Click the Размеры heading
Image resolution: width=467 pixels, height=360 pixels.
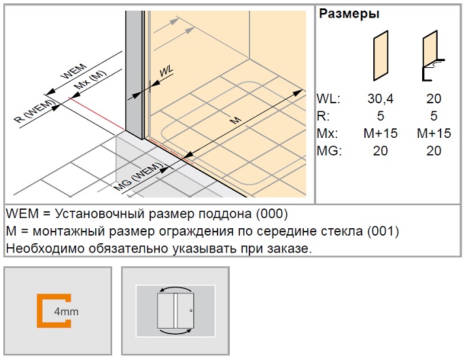coord(349,14)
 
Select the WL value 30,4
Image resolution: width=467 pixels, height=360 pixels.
coord(381,98)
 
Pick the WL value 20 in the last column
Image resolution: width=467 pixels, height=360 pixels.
coord(434,98)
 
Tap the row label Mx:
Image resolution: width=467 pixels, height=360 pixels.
coord(328,134)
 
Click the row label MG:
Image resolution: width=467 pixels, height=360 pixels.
coord(329,151)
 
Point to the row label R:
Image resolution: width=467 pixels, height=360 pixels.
coord(324,116)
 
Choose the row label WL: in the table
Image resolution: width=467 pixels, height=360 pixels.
coord(328,98)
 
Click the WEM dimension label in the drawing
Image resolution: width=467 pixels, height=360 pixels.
coord(74,71)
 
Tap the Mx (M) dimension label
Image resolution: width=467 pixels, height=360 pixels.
coord(90,80)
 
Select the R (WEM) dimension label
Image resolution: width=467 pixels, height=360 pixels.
coord(35,111)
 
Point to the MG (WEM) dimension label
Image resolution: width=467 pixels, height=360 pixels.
coord(139,177)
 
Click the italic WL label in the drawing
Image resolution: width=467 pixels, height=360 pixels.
coord(166,71)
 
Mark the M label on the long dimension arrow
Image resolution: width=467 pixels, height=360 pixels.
coord(236,120)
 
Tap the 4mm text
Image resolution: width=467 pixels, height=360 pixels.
coord(67,312)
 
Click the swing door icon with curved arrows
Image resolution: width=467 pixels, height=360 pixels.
coord(175,311)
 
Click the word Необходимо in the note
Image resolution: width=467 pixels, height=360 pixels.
coord(45,249)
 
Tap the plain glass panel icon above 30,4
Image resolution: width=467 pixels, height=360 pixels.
coord(381,56)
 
